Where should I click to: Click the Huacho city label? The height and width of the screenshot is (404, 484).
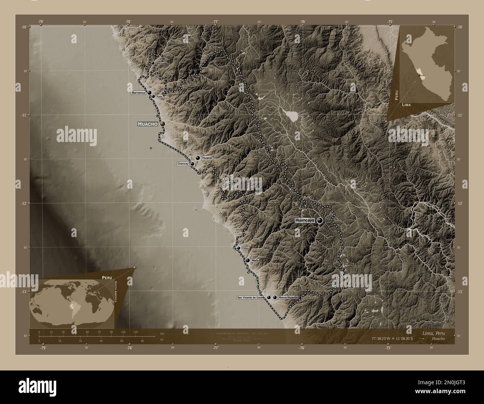pos(148,124)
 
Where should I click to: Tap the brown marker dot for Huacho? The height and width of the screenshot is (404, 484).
pos(163,124)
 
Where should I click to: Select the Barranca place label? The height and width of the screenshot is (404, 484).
pos(138,92)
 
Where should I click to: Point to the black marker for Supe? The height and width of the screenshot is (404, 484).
pos(153,96)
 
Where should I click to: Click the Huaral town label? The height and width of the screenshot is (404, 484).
pos(207,158)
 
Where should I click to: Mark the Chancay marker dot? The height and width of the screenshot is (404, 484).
pos(192,164)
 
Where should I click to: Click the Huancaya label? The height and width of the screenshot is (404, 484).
pos(305,220)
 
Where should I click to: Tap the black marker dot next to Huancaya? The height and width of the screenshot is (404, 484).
pos(320,220)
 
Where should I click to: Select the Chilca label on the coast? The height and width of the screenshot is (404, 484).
pos(245,248)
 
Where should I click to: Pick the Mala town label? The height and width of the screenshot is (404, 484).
pos(255,261)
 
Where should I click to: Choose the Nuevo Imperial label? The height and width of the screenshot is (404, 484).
pos(288,297)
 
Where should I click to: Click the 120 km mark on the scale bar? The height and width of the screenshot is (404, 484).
pos(135,332)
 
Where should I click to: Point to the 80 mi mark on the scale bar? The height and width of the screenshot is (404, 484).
pos(142,341)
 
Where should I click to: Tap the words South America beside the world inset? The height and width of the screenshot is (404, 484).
pos(116,293)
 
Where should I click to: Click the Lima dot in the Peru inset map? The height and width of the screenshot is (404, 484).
pos(420,75)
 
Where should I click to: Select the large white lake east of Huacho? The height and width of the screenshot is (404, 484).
pos(291,116)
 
